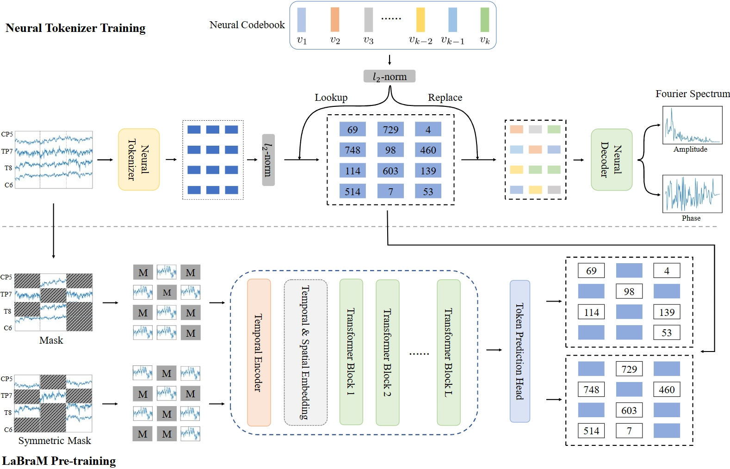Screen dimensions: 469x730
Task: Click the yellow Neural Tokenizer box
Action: click(x=139, y=160)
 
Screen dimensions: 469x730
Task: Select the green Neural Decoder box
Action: click(x=612, y=160)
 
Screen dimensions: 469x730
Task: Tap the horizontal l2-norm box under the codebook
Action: click(x=390, y=76)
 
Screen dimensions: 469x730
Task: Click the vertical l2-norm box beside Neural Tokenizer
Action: click(x=268, y=160)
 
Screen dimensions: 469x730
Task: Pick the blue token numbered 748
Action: click(x=353, y=150)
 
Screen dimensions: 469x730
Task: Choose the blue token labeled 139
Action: click(x=428, y=171)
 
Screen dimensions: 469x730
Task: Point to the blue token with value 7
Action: click(x=390, y=191)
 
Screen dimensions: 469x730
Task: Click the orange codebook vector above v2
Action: click(x=335, y=19)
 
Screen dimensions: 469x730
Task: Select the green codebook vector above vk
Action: click(x=484, y=19)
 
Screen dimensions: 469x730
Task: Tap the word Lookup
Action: click(x=331, y=98)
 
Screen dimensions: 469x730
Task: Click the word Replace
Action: click(x=445, y=98)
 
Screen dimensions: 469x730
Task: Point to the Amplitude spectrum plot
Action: click(x=692, y=125)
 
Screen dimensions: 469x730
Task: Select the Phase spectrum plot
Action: click(x=692, y=193)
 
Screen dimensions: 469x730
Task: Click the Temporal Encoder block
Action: click(x=259, y=352)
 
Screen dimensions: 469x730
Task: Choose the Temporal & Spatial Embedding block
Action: click(x=305, y=352)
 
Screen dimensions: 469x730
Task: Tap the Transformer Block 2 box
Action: click(x=388, y=352)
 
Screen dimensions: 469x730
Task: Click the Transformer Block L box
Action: click(x=449, y=352)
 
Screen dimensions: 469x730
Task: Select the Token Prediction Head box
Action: click(x=520, y=352)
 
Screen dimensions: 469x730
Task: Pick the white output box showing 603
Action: click(x=629, y=410)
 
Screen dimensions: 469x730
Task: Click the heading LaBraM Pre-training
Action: click(x=59, y=461)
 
